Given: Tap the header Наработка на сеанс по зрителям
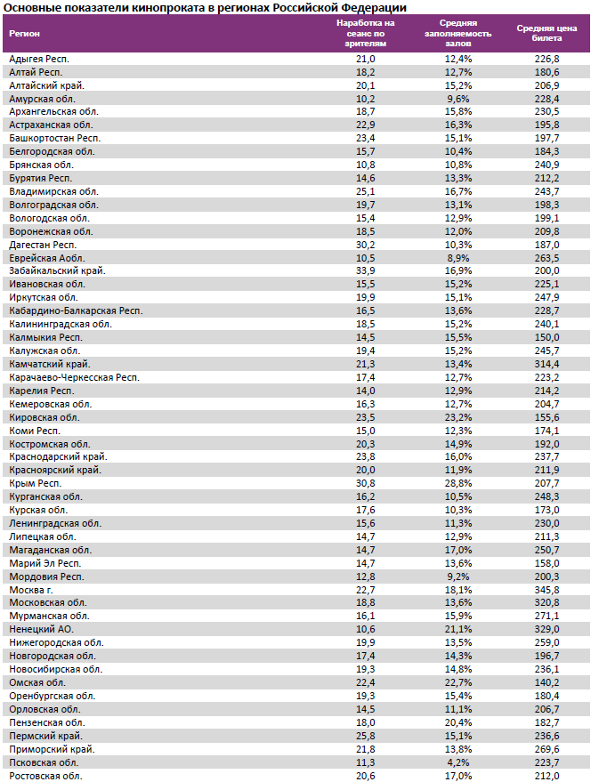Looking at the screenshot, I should click(366, 34).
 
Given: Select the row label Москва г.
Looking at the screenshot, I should click(32, 589).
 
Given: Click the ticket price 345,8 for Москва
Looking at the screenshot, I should click(546, 589).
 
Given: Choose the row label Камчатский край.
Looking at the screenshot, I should click(49, 364).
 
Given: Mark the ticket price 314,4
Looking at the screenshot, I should click(546, 364).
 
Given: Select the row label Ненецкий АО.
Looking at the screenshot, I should click(36, 629).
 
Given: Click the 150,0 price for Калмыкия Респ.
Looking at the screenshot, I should click(546, 337).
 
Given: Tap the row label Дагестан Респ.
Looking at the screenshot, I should click(43, 245).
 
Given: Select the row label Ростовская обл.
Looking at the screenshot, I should click(45, 776).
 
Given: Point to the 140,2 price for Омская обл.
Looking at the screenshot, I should click(546, 682).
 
